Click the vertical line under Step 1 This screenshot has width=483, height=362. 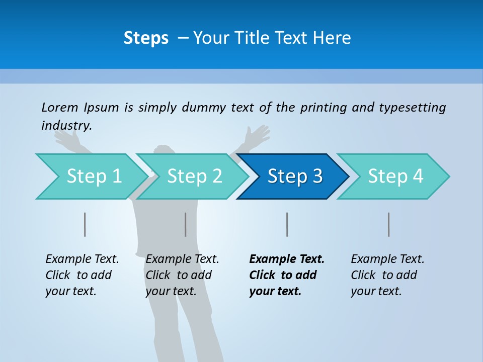click(85, 224)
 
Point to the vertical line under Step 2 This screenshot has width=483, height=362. click(186, 224)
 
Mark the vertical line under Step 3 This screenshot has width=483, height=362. click(287, 224)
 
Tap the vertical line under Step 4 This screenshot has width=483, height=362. click(389, 224)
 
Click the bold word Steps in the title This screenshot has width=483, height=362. click(146, 38)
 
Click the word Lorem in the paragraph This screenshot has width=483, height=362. click(60, 107)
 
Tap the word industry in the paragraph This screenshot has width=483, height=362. click(66, 126)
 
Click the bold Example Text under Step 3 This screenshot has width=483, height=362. click(287, 259)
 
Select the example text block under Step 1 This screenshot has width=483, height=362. click(82, 275)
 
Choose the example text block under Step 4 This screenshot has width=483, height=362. click(387, 275)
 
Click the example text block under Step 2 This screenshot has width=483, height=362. click(182, 275)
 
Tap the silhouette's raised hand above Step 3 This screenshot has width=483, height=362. click(258, 136)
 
